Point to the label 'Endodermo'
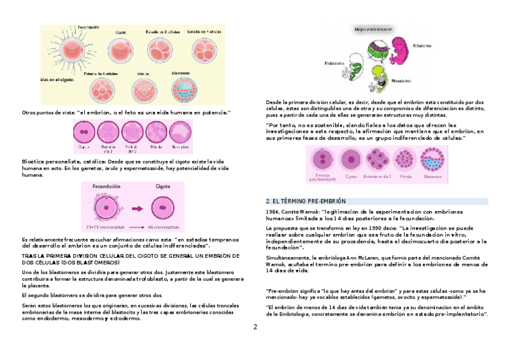(x=334, y=63)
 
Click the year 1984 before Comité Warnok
(x=272, y=212)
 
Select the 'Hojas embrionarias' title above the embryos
(x=373, y=28)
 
